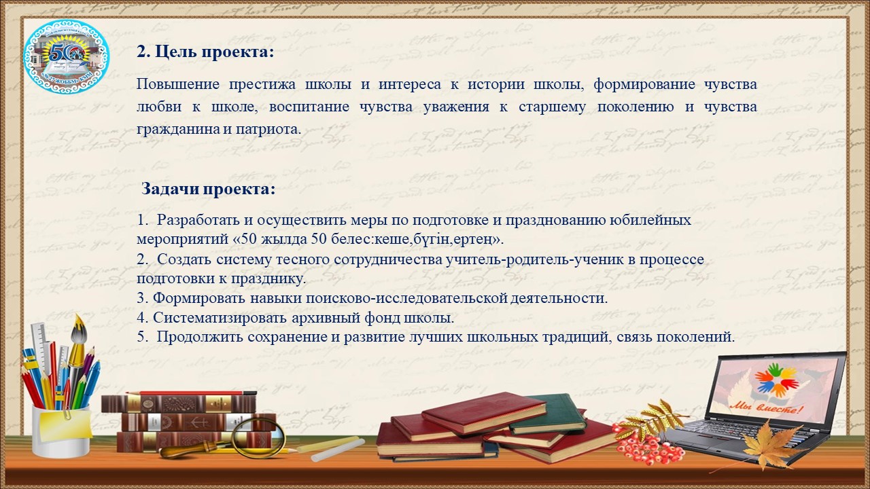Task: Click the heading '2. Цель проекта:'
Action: pyautogui.click(x=205, y=52)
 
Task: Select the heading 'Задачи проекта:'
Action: pyautogui.click(x=209, y=189)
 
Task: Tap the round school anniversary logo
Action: pyautogui.click(x=67, y=56)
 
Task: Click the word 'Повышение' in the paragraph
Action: pyautogui.click(x=178, y=85)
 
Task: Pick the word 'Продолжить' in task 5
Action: pyautogui.click(x=200, y=336)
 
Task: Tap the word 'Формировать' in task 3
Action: pyautogui.click(x=199, y=298)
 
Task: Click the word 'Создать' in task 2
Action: pyautogui.click(x=184, y=259)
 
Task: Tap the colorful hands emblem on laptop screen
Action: pyautogui.click(x=776, y=382)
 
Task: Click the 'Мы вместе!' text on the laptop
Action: pyautogui.click(x=765, y=408)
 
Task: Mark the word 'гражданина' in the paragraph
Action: pyautogui.click(x=178, y=130)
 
